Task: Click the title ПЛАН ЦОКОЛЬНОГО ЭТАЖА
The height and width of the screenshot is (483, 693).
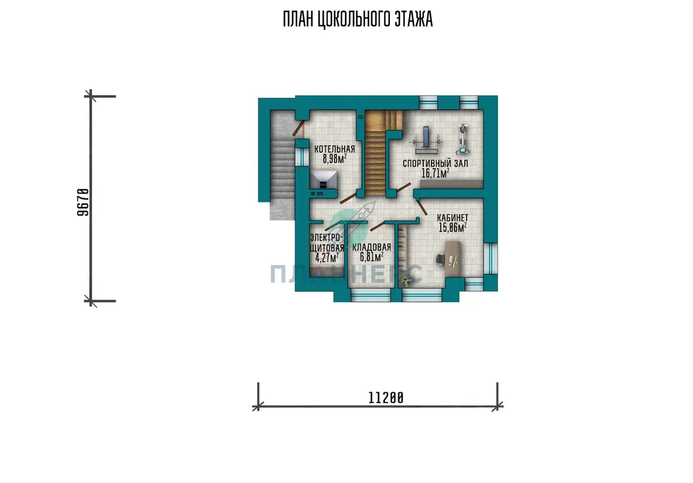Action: pos(357,19)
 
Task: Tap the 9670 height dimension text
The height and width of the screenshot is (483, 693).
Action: pos(83,202)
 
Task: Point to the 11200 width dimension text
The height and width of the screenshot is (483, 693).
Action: pos(386,398)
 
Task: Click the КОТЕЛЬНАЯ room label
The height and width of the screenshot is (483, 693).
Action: pos(334,149)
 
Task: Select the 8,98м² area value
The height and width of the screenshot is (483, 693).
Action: pos(334,159)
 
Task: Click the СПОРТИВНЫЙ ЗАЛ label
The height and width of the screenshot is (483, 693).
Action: pos(435,164)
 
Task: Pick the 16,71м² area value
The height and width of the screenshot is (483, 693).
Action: pos(435,173)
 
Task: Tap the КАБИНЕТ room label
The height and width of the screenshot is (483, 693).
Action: pos(453,218)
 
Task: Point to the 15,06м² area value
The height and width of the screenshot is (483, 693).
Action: pos(453,228)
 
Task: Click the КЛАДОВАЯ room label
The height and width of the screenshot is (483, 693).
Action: pos(371,247)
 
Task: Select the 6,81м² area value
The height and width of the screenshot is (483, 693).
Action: pos(371,257)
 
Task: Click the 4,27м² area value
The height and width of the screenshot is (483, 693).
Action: pos(327,258)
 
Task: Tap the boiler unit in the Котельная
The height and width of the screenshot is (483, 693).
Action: pos(323,180)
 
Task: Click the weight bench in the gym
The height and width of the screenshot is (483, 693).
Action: pos(426,141)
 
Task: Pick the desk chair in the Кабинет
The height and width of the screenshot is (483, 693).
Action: pos(441,259)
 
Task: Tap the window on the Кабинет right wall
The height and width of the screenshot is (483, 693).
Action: pos(491,258)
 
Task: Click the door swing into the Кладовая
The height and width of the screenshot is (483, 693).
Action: pos(377,226)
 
